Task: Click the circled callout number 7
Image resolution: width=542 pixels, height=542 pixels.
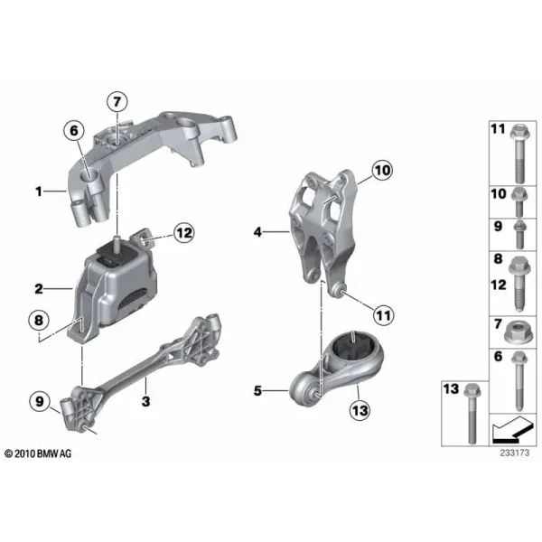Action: tap(117, 101)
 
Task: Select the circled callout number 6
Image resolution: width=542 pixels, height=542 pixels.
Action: tap(74, 131)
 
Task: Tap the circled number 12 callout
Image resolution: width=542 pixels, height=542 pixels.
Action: tap(184, 233)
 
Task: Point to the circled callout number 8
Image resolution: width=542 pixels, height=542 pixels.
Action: tap(39, 320)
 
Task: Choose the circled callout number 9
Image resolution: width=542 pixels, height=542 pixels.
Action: tap(40, 401)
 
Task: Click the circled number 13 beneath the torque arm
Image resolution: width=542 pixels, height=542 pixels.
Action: tap(360, 411)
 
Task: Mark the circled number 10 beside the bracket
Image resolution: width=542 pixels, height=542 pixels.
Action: tap(382, 170)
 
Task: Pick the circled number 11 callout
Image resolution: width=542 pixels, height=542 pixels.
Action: tap(383, 315)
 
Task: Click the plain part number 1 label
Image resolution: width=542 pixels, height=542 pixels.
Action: tap(39, 192)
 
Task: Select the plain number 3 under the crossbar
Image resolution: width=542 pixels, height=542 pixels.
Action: tap(145, 402)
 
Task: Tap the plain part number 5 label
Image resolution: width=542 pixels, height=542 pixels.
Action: tap(257, 391)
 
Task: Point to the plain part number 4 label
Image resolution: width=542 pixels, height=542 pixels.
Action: tap(257, 232)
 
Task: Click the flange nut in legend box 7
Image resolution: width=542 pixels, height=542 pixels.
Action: tap(518, 332)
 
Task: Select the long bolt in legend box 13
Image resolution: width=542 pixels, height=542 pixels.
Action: tap(472, 414)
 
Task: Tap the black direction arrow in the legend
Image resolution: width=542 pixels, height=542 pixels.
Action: tap(512, 430)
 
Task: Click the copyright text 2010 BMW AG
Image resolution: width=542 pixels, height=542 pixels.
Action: tap(38, 453)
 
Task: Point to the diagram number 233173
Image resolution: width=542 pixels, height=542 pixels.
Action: tap(515, 453)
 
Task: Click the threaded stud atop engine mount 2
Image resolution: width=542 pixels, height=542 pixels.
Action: tap(117, 241)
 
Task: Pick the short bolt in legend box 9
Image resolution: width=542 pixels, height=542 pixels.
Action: tap(519, 234)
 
